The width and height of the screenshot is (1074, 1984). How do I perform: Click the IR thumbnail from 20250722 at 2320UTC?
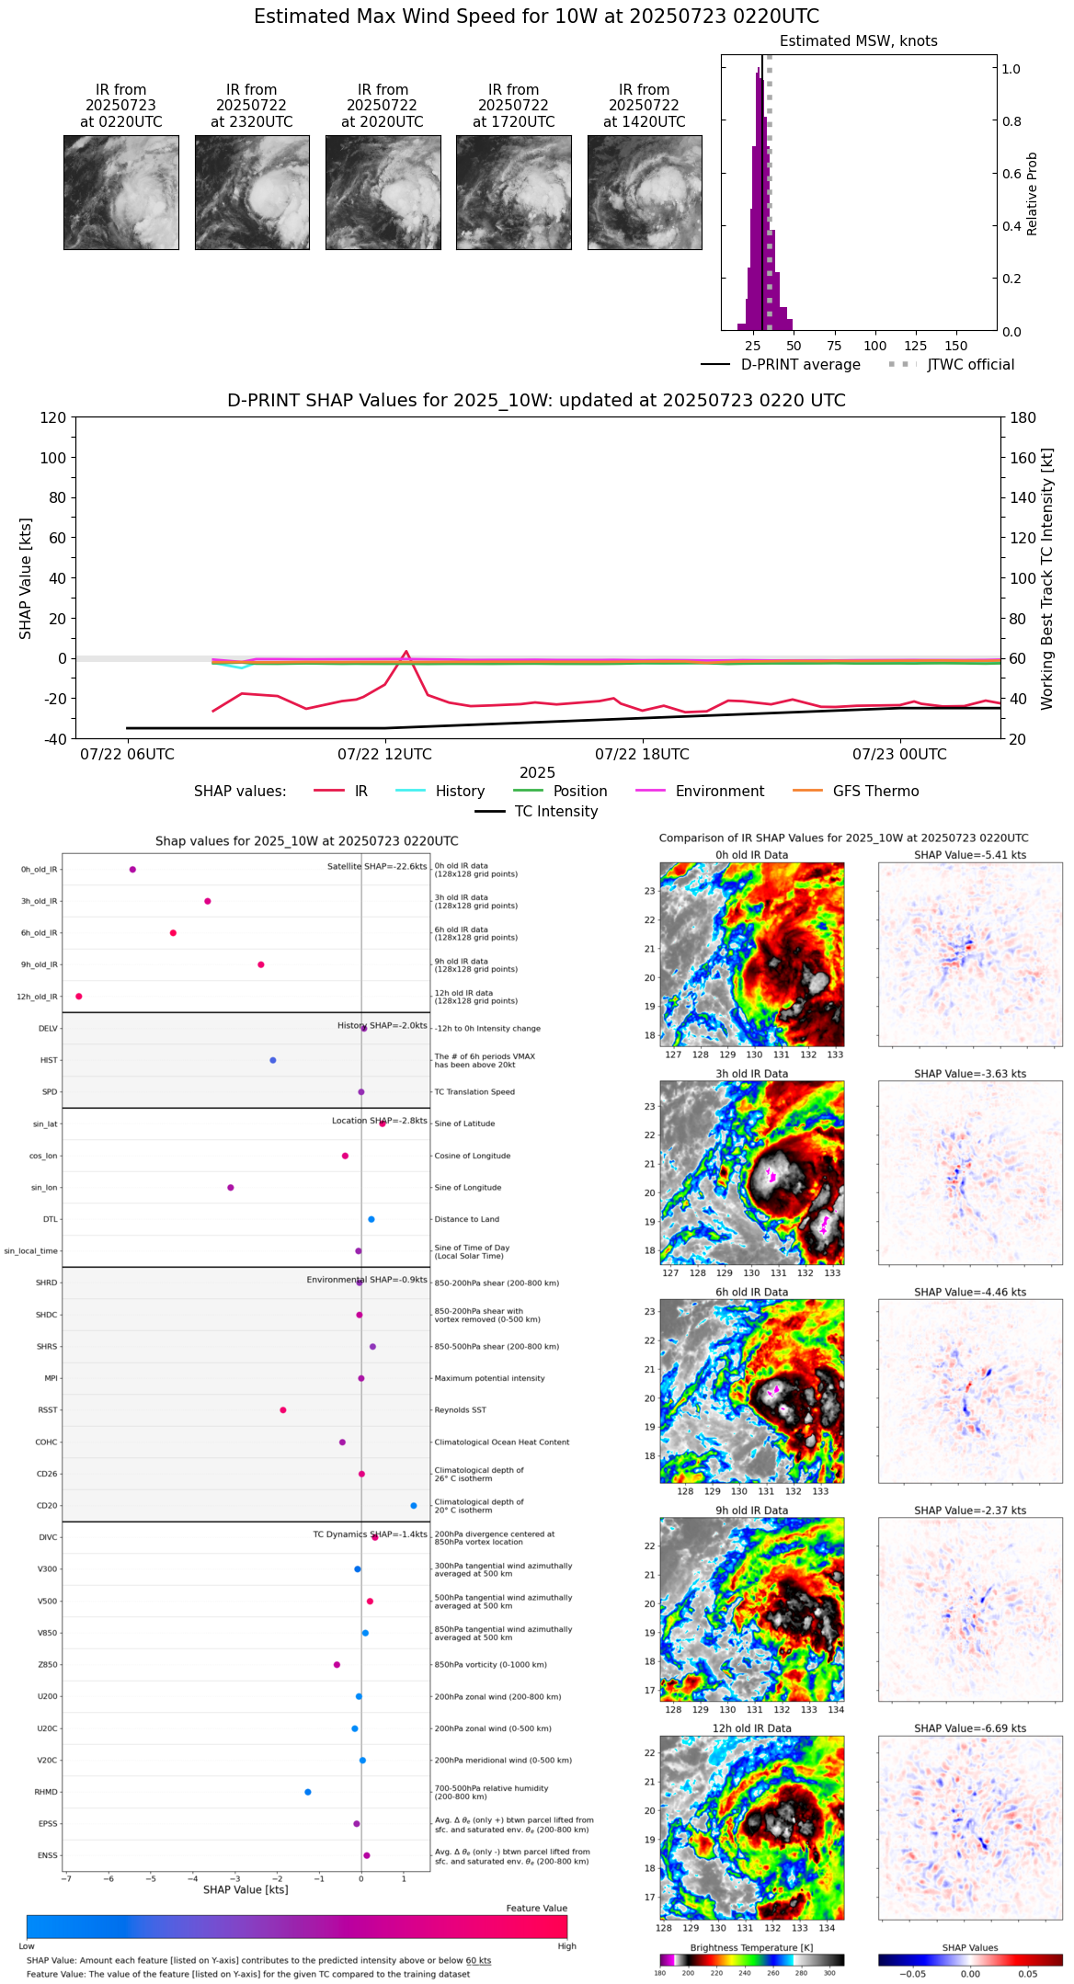[x=252, y=192]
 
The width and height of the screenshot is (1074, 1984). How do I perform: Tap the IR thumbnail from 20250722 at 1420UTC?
[x=645, y=192]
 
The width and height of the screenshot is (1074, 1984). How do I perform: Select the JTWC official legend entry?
[x=970, y=365]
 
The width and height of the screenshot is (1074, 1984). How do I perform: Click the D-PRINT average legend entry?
[x=800, y=365]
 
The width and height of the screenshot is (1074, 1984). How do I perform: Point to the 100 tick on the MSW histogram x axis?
[x=875, y=346]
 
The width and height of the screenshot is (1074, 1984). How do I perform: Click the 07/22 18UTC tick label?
[x=642, y=755]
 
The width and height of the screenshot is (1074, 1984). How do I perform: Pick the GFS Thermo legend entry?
[x=875, y=792]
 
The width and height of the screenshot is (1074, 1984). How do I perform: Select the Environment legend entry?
[x=719, y=792]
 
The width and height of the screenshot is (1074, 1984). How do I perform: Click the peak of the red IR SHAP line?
[x=406, y=652]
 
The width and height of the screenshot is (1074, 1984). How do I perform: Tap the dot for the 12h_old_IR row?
[x=79, y=997]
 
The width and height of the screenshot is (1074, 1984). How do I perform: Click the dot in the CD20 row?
[x=414, y=1506]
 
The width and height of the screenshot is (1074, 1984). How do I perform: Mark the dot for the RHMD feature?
[x=308, y=1792]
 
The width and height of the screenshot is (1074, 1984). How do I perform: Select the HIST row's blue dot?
[x=273, y=1060]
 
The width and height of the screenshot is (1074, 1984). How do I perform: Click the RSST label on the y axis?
[x=47, y=1410]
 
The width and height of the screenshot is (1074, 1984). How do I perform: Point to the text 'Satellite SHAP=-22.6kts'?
[x=377, y=867]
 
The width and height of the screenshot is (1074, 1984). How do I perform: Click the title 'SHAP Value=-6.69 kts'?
[x=970, y=1728]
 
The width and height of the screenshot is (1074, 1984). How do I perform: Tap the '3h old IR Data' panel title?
[x=751, y=1074]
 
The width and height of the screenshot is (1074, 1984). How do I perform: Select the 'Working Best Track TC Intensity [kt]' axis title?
[x=1047, y=579]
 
